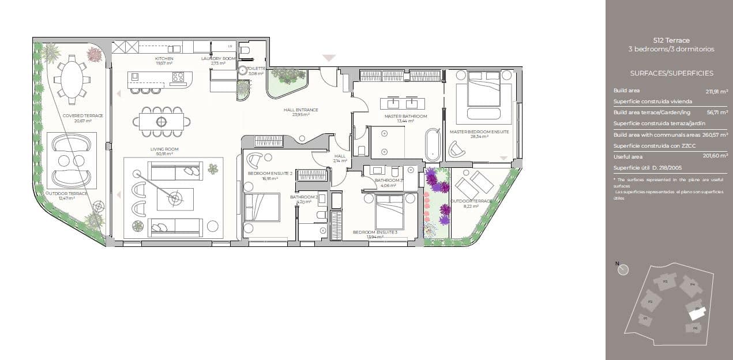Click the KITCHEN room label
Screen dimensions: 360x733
164,59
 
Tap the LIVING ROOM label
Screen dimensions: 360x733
164,149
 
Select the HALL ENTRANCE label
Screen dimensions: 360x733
300,110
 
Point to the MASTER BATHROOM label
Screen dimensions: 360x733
405,117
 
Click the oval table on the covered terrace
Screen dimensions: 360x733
72,79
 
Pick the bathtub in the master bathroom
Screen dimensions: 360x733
432,144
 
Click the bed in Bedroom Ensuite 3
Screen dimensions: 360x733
389,212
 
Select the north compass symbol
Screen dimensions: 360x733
623,269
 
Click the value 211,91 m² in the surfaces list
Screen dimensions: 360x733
716,91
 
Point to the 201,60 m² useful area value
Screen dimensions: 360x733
716,156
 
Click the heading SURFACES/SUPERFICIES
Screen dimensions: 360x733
671,73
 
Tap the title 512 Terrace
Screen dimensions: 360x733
671,40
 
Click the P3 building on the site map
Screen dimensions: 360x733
665,282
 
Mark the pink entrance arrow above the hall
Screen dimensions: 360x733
329,58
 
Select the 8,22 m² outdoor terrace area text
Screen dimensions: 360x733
472,206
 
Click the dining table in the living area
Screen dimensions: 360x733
161,121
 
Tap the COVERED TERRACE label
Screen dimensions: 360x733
83,115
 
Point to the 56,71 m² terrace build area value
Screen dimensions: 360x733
717,112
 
